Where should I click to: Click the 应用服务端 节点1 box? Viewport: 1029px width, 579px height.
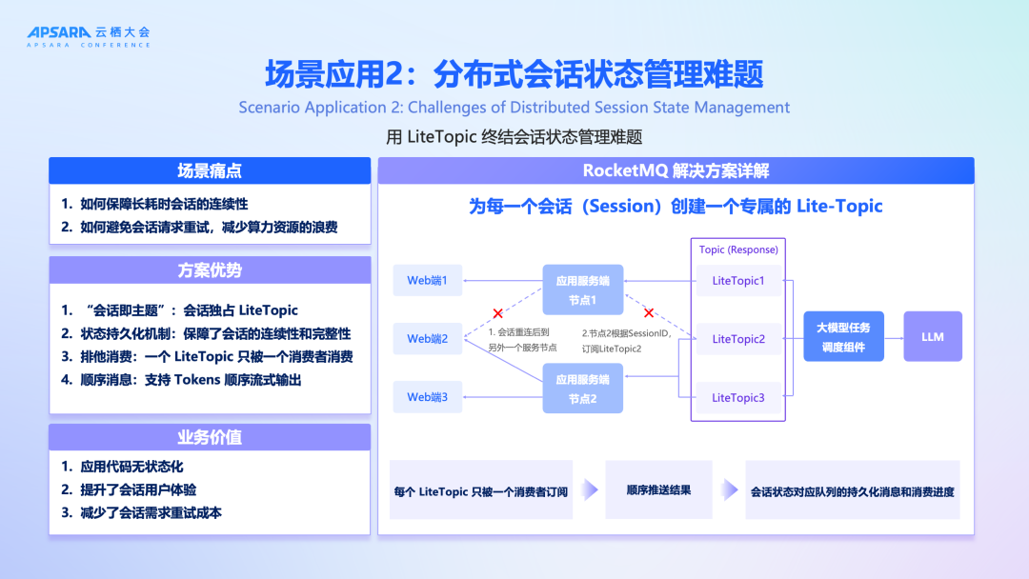pos(582,289)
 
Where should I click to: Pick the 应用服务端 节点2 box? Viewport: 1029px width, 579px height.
pos(582,388)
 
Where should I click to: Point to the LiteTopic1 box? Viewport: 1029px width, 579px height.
pos(738,280)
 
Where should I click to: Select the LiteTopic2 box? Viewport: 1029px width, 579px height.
pos(738,338)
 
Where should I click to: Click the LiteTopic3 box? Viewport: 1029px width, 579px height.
pos(738,397)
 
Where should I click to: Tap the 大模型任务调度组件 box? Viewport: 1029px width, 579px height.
pos(843,336)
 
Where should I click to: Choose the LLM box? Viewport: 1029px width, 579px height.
pos(932,336)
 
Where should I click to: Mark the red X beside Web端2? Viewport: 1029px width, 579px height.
pos(497,312)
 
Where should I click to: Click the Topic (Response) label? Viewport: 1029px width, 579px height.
pos(738,250)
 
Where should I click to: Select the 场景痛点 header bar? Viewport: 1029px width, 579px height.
pos(210,171)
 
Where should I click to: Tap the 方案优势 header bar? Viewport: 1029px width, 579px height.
pos(210,270)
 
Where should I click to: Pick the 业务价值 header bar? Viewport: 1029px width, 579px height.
pos(210,437)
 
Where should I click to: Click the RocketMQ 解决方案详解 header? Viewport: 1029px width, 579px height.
pos(676,171)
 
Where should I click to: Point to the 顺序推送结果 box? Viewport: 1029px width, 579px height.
pos(658,490)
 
